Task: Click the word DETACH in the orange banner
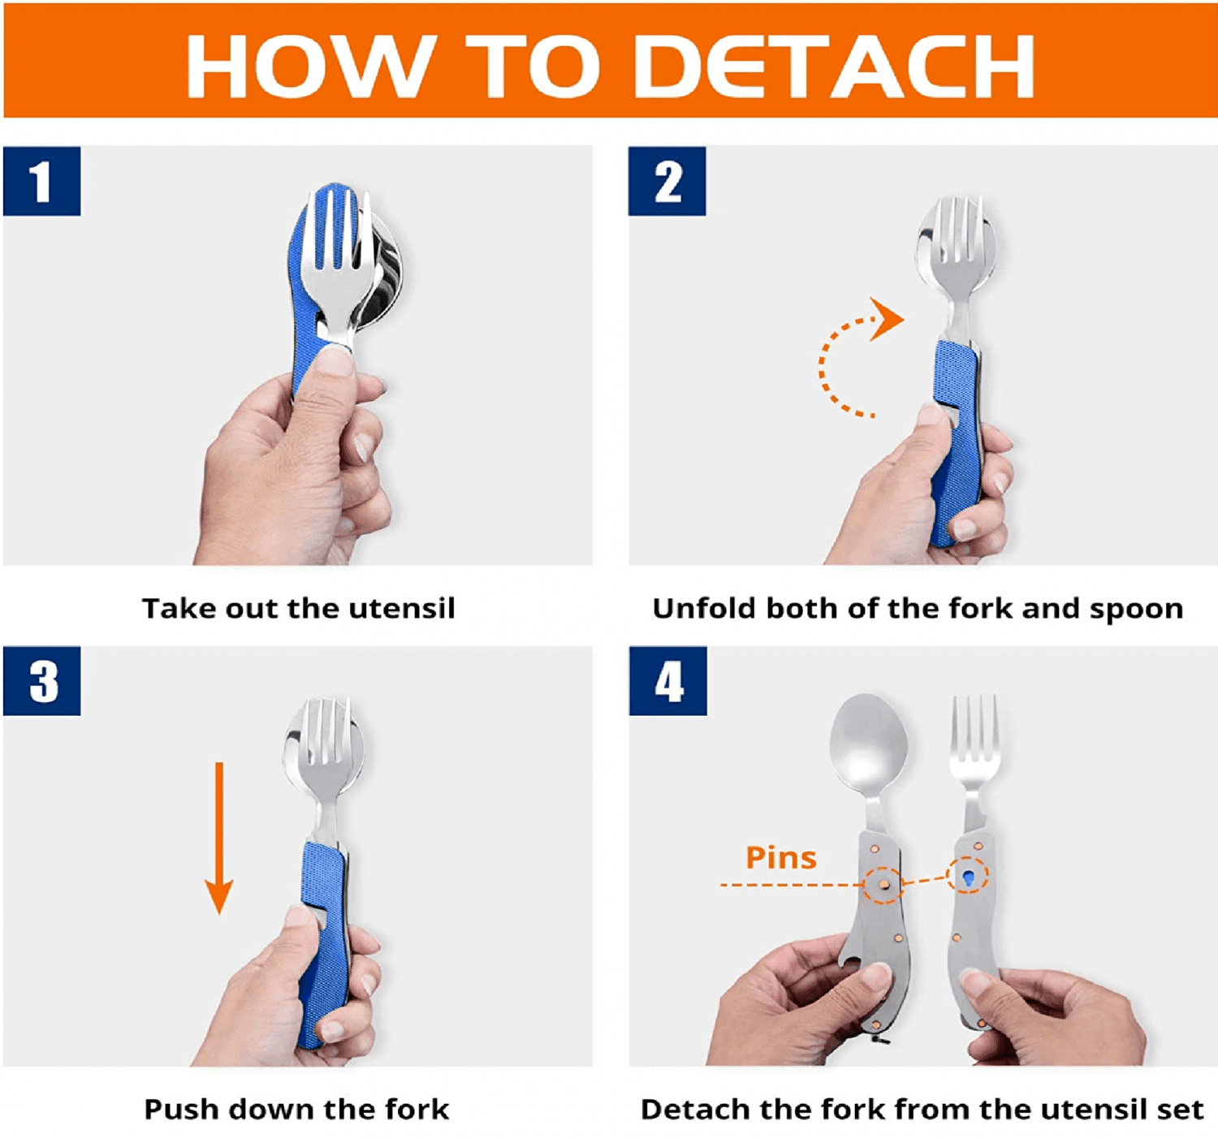click(835, 66)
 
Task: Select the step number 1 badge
click(41, 181)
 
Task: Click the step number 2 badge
click(667, 181)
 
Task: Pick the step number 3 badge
click(41, 680)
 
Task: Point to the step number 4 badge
click(668, 680)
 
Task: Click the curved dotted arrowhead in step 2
click(887, 319)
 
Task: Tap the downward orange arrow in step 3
click(219, 838)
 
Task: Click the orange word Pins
click(780, 857)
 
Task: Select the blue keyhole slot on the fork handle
click(968, 877)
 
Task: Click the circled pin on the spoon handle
click(883, 884)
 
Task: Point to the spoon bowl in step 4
click(869, 742)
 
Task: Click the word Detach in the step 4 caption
click(683, 1109)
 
